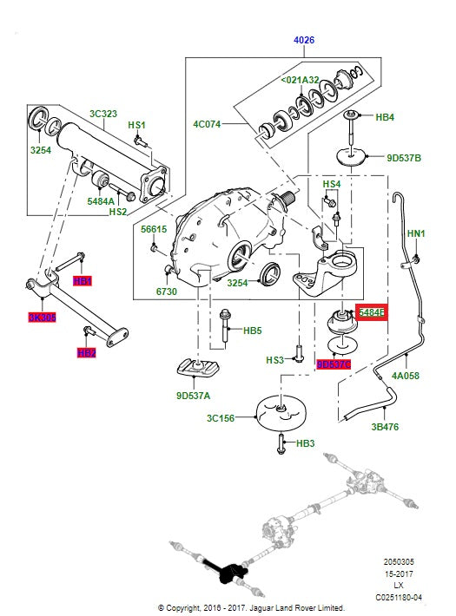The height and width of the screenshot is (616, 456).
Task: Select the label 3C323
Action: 103,114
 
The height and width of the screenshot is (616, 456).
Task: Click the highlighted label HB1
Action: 83,281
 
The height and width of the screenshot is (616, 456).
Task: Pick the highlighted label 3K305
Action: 42,318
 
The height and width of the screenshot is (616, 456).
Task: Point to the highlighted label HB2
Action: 86,353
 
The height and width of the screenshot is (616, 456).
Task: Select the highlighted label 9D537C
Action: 334,364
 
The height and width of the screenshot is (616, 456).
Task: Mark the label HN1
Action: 416,233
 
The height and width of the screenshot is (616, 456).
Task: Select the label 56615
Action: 154,229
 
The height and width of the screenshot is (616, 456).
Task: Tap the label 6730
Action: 166,292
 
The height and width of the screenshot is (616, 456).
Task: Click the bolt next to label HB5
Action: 225,327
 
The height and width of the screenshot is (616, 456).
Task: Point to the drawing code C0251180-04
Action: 399,597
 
